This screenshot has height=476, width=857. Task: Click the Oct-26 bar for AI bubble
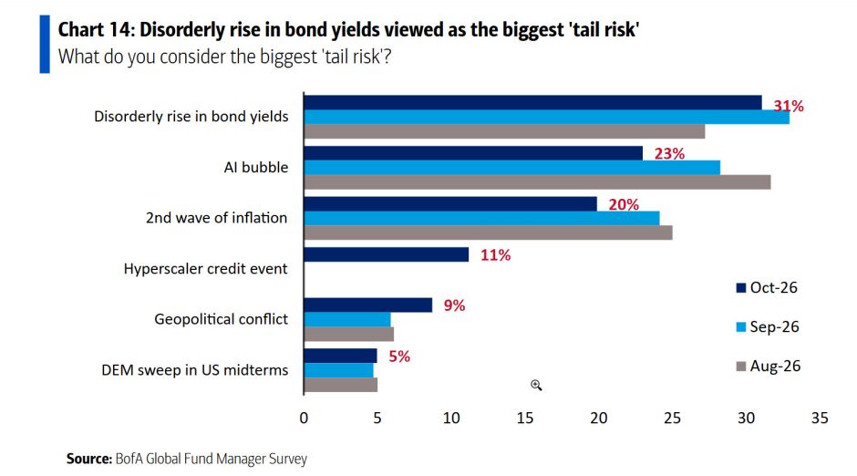(x=473, y=153)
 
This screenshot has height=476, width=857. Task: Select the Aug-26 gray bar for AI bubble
(x=537, y=182)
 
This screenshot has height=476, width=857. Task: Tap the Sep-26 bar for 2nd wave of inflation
(x=481, y=218)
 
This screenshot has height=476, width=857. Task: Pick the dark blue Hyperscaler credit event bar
(x=386, y=254)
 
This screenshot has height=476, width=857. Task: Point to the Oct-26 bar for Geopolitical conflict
(x=367, y=305)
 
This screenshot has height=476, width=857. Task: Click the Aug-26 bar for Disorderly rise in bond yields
(x=504, y=131)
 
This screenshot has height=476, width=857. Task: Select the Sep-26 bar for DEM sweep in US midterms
(x=338, y=370)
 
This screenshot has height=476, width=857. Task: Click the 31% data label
(x=788, y=106)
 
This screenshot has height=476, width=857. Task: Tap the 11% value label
(x=495, y=255)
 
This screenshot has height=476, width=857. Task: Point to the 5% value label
(x=399, y=357)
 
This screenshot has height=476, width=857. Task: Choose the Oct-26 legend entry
(x=767, y=287)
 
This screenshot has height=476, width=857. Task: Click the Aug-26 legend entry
(x=768, y=367)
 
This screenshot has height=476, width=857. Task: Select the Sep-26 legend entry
(x=768, y=326)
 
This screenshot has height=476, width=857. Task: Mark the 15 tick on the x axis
(x=525, y=418)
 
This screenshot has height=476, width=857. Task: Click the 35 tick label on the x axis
(x=820, y=418)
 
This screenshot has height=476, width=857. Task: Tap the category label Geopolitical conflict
(x=221, y=319)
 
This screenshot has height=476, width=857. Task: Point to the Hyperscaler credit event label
(x=205, y=269)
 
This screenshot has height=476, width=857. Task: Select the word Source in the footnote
(x=89, y=459)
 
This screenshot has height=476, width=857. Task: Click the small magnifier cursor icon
(x=536, y=386)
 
